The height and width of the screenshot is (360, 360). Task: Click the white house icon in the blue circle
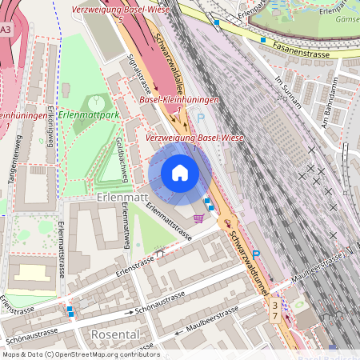coord(180,172)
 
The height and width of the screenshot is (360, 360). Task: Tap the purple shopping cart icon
coord(198,216)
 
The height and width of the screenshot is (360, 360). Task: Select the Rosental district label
coord(117,334)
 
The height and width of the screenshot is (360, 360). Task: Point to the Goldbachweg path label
coord(121,152)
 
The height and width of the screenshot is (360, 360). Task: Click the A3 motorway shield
coord(6,30)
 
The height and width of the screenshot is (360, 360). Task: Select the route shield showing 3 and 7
coord(276,312)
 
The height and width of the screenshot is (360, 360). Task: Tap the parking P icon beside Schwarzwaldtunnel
coord(256,254)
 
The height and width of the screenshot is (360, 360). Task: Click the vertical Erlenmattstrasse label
coord(62,249)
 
